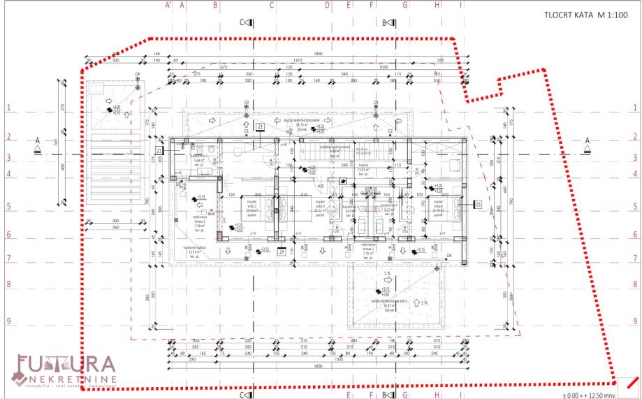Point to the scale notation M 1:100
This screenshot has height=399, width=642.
point(611,15)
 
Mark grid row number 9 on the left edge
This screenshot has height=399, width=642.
point(9,321)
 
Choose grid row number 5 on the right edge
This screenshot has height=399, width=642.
point(634,207)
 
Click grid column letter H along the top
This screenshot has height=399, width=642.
point(437,5)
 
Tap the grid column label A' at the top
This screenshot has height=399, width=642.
point(168,5)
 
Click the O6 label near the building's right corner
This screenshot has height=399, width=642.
point(449,256)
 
